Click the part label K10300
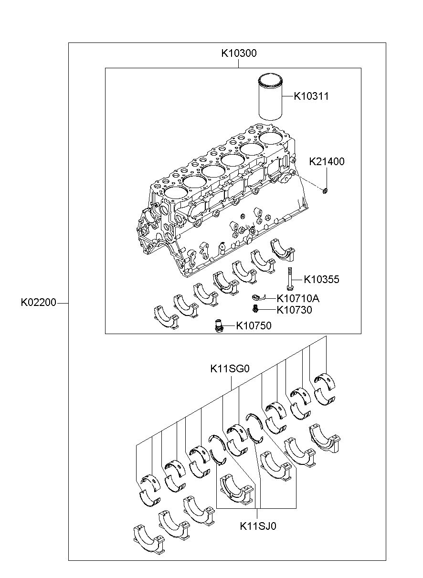[x=239, y=53]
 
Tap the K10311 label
[x=311, y=96]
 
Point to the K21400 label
[x=327, y=161]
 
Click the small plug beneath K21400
[x=325, y=191]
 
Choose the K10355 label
[x=321, y=279]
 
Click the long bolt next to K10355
[x=289, y=279]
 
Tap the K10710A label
[x=298, y=299]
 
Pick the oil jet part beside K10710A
[x=258, y=297]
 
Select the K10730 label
[x=294, y=310]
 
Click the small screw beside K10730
[x=255, y=308]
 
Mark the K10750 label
[x=254, y=326]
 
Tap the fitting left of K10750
[x=218, y=326]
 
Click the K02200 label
[x=39, y=302]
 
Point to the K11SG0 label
[x=230, y=369]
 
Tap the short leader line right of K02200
[x=63, y=303]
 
